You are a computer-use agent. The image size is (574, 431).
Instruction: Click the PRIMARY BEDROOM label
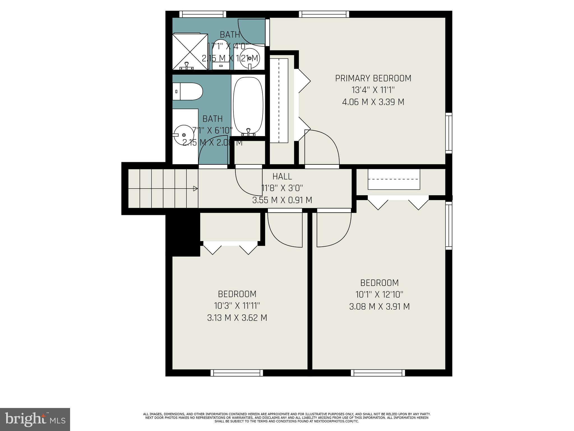(x=373, y=78)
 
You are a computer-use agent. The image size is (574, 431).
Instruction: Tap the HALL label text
(x=282, y=176)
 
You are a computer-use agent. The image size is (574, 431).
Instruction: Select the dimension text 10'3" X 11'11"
(x=237, y=306)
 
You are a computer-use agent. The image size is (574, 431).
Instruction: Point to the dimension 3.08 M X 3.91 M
(x=379, y=306)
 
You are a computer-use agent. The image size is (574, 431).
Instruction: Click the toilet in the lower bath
(x=187, y=91)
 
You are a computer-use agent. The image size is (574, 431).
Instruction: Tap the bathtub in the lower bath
(x=248, y=106)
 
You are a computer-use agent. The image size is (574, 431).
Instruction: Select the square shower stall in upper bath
(x=190, y=52)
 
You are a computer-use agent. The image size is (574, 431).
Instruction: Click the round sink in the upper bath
(x=249, y=58)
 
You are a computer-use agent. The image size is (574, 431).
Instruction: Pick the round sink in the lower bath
(x=184, y=135)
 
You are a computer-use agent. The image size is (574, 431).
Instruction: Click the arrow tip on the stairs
(x=196, y=189)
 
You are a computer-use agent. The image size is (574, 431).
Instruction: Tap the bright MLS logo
(x=35, y=419)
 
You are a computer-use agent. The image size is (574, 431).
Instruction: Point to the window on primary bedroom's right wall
(x=449, y=133)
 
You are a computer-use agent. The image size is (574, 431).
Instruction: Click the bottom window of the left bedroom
(x=237, y=373)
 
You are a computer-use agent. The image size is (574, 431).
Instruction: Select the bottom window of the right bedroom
(x=378, y=373)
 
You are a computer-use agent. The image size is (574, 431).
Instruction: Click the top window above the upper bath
(x=202, y=14)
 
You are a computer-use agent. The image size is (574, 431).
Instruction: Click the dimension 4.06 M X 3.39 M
(x=373, y=102)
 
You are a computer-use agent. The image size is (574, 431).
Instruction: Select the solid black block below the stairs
(x=183, y=234)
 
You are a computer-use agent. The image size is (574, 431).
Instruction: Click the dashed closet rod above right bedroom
(x=394, y=179)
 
